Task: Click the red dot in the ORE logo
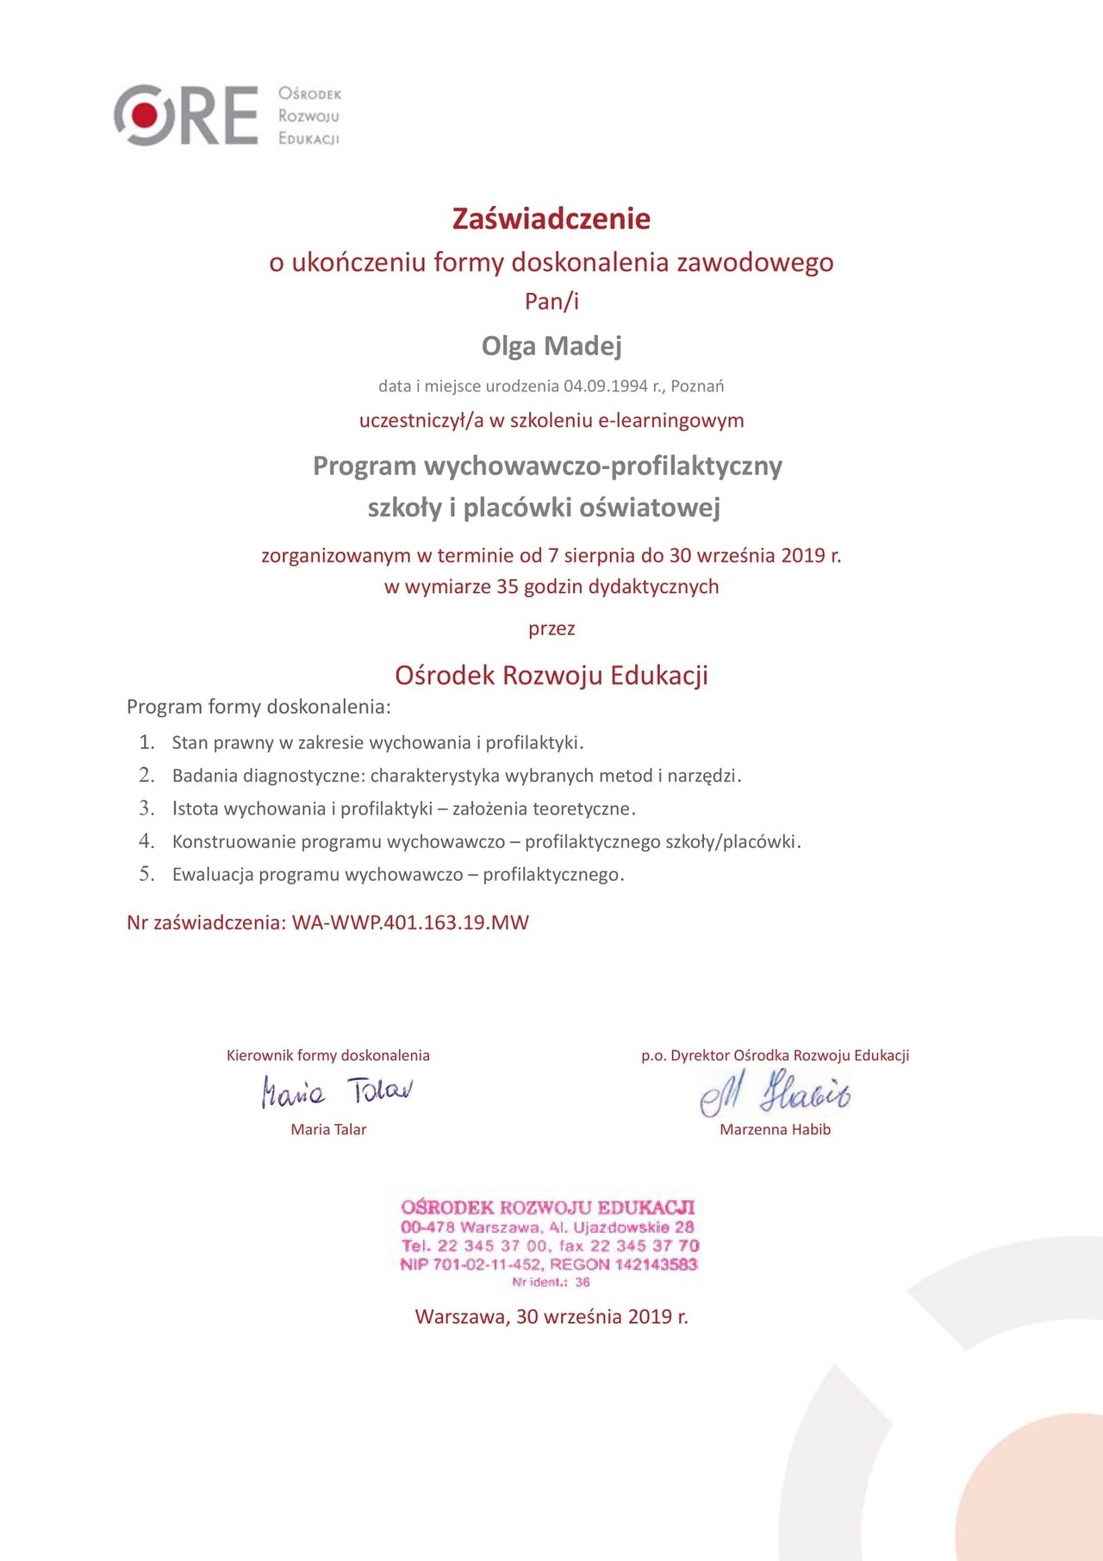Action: tap(144, 114)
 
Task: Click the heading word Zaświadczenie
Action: tap(551, 219)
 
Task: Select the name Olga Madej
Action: tap(551, 347)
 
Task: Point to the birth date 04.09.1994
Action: tap(605, 386)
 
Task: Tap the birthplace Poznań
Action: tap(697, 386)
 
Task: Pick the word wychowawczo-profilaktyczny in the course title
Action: tap(603, 466)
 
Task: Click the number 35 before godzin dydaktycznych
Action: tap(508, 587)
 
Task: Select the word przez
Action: tap(551, 629)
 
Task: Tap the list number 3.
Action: tap(146, 809)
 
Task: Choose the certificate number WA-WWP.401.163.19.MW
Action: tap(410, 923)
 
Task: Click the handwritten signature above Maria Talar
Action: tap(337, 1091)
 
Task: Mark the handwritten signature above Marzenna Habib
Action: tap(775, 1093)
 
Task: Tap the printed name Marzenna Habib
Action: tap(775, 1130)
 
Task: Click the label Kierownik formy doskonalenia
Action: tap(328, 1056)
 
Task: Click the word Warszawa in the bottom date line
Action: tap(461, 1317)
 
